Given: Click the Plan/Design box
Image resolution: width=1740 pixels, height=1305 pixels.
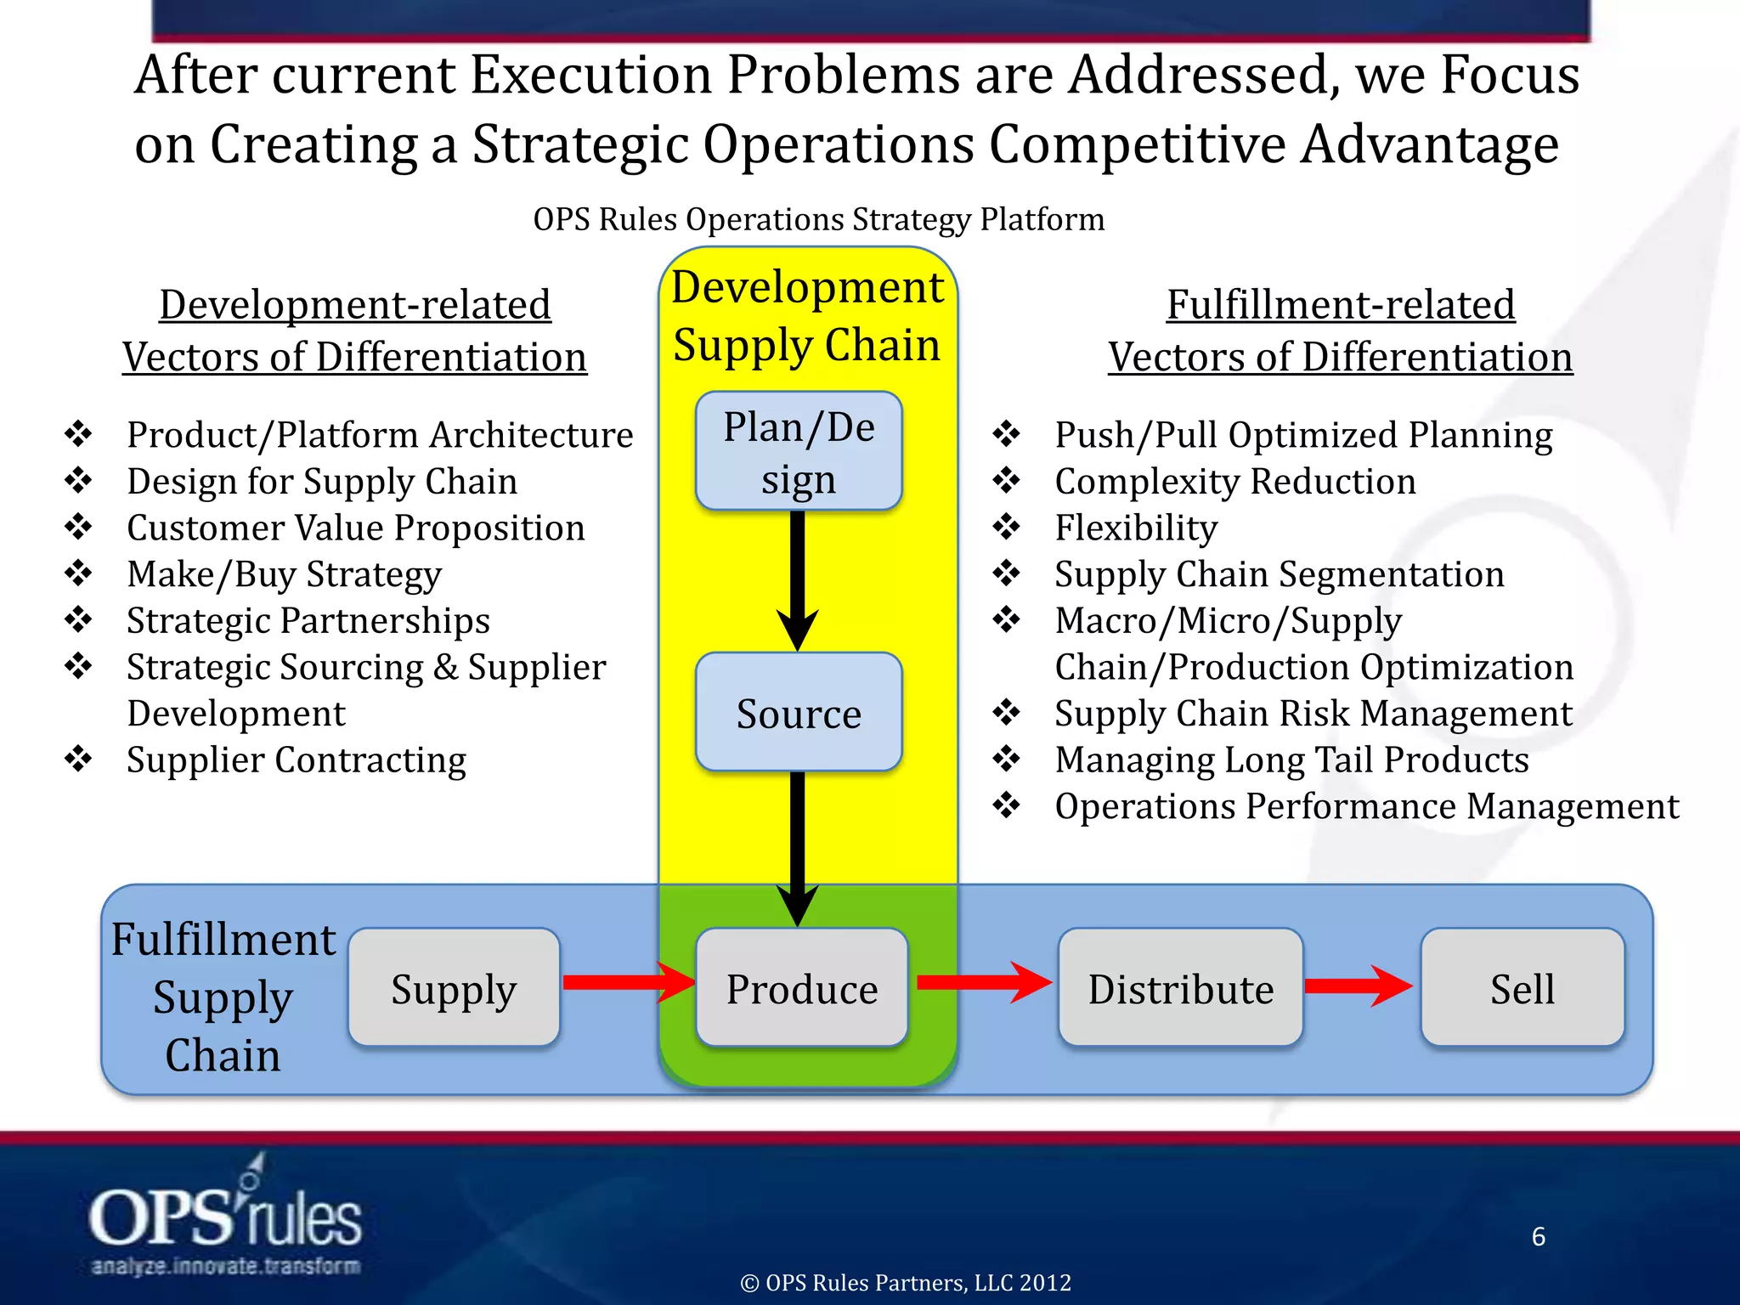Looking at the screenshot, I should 799,451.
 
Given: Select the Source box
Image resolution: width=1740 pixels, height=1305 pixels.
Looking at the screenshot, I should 799,712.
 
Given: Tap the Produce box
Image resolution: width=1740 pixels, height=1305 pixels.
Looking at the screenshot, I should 801,987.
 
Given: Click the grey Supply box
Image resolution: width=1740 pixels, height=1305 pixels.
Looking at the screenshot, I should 454,987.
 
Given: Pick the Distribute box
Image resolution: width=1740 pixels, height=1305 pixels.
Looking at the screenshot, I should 1180,987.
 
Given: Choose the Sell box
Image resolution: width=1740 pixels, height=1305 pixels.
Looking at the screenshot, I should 1522,987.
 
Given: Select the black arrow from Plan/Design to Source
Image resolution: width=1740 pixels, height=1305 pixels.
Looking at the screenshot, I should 797,578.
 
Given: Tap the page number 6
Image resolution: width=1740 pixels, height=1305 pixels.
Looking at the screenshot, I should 1538,1236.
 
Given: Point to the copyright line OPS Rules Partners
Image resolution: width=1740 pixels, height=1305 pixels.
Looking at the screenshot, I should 906,1282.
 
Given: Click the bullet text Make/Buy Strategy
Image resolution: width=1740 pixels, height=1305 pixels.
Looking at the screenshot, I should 284,574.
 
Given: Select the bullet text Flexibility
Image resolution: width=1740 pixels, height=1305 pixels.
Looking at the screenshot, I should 1136,528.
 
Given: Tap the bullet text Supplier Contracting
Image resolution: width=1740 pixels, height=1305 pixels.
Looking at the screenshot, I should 297,760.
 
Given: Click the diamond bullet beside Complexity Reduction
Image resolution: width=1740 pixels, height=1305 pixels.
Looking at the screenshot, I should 1007,481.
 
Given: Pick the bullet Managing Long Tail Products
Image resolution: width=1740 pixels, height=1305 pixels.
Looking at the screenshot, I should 1291,760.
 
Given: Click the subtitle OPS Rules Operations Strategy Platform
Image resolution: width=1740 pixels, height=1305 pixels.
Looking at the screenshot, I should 818,219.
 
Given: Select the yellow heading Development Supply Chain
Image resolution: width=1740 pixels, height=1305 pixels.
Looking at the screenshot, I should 807,315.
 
